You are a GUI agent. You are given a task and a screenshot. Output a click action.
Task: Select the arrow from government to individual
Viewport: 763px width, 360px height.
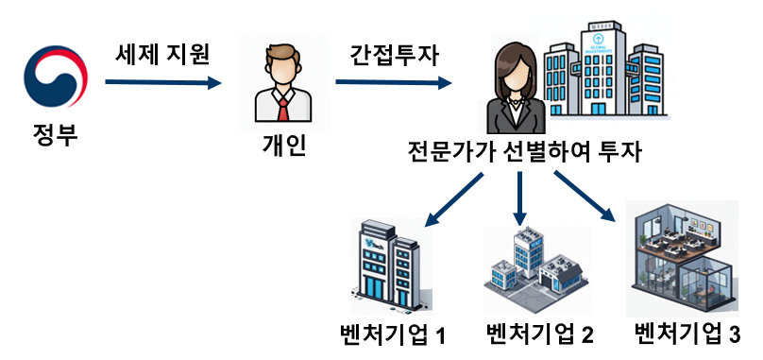click(161, 83)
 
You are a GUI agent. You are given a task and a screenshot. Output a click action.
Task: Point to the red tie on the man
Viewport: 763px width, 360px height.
click(282, 110)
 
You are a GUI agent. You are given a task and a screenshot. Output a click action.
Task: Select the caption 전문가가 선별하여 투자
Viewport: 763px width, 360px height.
click(524, 152)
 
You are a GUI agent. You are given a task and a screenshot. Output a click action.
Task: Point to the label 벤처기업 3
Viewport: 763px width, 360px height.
click(687, 333)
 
